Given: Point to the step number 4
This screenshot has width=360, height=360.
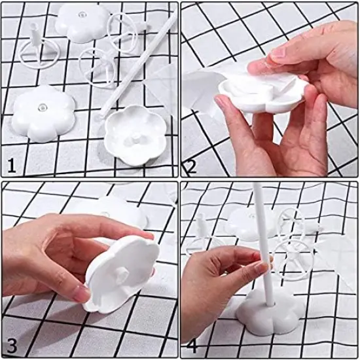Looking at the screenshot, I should click(192, 345).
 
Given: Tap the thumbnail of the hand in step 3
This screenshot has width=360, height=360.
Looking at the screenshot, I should click(82, 294).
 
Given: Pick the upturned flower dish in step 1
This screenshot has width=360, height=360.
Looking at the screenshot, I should click(134, 128).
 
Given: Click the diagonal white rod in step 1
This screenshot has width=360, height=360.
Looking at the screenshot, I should click(141, 65).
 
